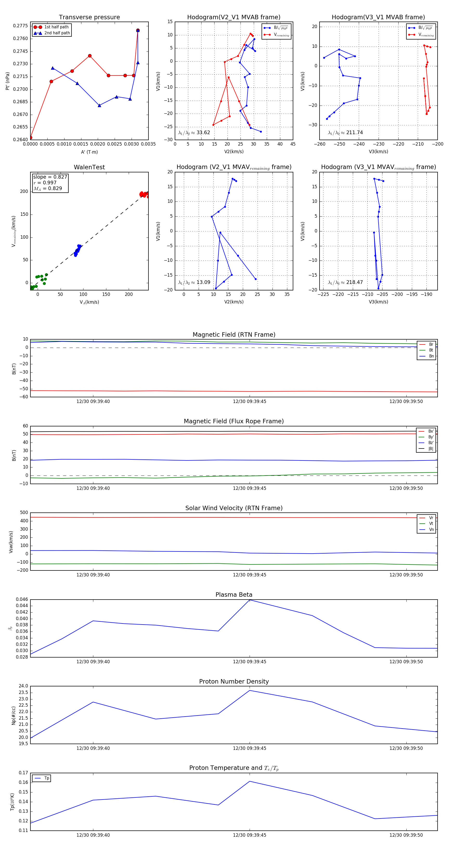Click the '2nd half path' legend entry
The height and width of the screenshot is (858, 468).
coord(57,33)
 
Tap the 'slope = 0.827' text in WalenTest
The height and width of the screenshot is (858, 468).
coord(50,177)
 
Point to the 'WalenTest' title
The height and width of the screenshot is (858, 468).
coord(89,167)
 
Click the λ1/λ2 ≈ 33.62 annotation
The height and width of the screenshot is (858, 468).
coord(194,133)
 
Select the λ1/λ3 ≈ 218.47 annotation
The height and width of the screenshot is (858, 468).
coord(346,282)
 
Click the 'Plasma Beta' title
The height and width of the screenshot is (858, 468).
coord(234,595)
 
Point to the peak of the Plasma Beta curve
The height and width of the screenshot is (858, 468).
coord(250,600)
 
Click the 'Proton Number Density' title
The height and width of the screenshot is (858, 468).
coord(234,681)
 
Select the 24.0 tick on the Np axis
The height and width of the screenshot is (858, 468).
coord(23,686)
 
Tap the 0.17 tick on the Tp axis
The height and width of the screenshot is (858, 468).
coord(23,773)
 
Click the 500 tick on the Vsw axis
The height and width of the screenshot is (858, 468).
coord(24,513)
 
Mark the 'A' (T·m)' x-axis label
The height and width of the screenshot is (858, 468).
coord(89,152)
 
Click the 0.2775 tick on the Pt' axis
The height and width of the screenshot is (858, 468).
coord(20,26)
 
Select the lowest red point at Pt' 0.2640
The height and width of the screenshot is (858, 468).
coord(31,138)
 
